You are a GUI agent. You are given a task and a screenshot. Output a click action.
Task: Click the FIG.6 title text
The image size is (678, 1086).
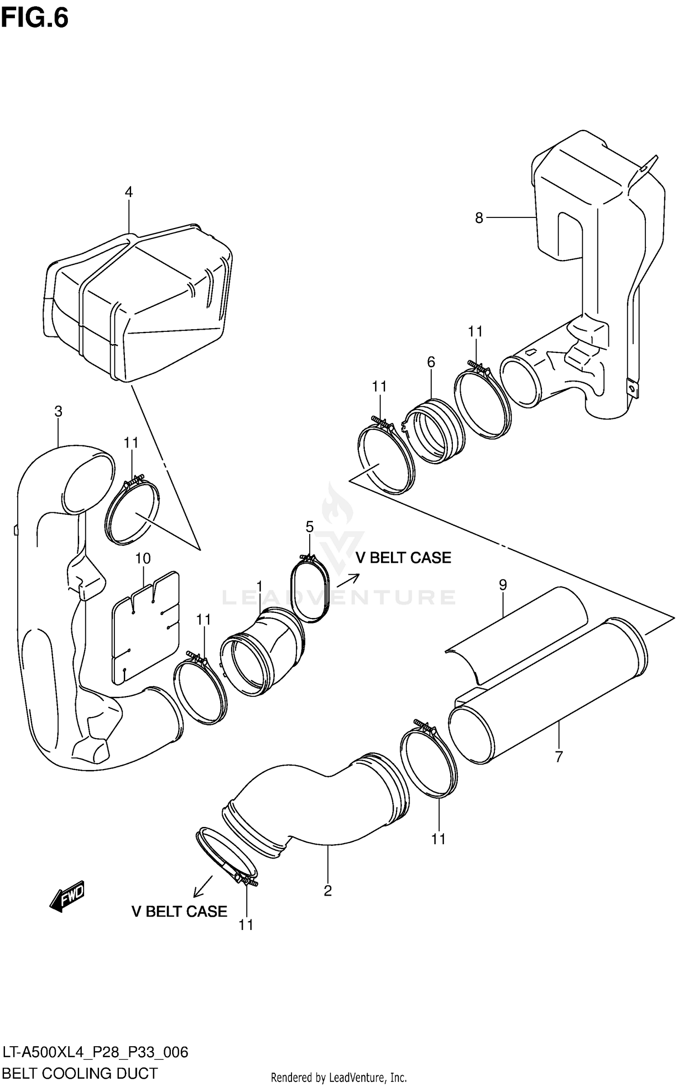click(34, 19)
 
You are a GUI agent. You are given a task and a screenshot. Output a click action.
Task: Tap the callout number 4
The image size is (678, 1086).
click(129, 192)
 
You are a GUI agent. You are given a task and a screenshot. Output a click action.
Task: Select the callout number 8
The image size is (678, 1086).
click(479, 218)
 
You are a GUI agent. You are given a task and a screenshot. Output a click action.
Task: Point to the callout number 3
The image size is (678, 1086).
click(58, 411)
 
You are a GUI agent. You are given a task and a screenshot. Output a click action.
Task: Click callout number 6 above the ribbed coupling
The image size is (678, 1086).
click(431, 362)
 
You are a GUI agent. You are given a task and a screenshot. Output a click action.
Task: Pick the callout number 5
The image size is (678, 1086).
click(309, 527)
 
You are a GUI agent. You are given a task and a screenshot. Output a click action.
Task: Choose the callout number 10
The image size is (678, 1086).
click(143, 558)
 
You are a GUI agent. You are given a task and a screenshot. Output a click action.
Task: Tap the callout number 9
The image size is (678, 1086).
click(503, 585)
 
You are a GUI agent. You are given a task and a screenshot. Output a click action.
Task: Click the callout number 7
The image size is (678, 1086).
click(559, 756)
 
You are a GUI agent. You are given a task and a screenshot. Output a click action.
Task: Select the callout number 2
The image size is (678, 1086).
click(328, 891)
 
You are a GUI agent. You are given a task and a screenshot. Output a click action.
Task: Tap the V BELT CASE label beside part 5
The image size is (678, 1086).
click(403, 557)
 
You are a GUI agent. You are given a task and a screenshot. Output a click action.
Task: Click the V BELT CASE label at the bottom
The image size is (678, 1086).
click(179, 911)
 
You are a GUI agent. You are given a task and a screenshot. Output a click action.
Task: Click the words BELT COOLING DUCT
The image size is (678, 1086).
click(80, 1073)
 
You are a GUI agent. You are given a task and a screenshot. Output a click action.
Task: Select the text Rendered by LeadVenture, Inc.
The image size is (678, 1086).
click(339, 1078)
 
